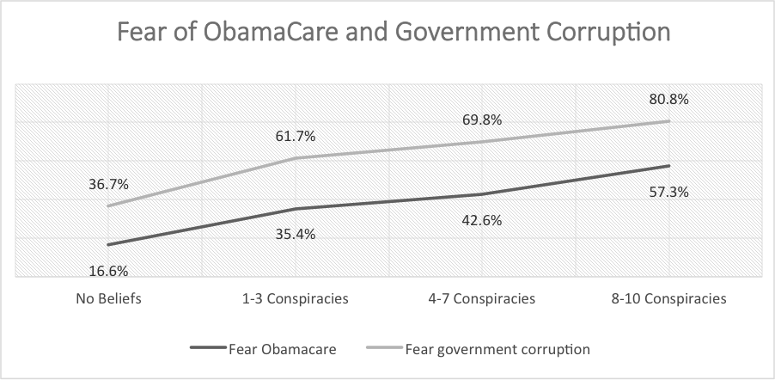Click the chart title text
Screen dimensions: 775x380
[394, 33]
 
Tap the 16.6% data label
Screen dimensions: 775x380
[109, 271]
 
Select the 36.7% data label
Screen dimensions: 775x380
[109, 185]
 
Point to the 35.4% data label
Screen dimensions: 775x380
[296, 234]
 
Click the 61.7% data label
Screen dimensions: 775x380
[296, 136]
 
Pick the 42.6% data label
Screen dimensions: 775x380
[482, 220]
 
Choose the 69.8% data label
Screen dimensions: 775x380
[482, 120]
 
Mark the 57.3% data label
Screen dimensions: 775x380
[668, 192]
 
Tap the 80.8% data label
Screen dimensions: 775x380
[668, 99]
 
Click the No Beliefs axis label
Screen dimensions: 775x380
[109, 299]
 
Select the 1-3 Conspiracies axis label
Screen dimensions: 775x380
[296, 299]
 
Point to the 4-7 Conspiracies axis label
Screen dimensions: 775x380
[482, 299]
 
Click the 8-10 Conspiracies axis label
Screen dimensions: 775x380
[668, 299]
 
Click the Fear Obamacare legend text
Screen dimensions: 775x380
[282, 349]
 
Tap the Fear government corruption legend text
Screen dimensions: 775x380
[497, 349]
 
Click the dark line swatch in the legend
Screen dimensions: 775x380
[209, 348]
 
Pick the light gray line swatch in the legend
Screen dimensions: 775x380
[386, 348]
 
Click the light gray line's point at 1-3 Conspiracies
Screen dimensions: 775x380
[296, 158]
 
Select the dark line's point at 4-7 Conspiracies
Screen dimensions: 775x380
[482, 194]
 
